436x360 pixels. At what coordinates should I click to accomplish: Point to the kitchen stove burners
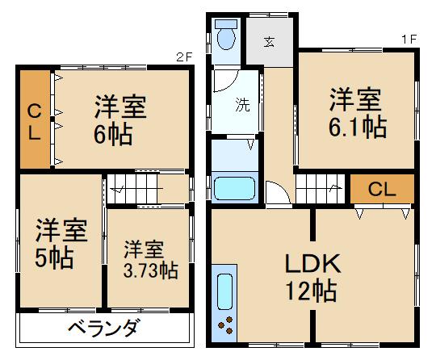pyautogui.click(x=226, y=328)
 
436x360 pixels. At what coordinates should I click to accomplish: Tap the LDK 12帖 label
pyautogui.click(x=310, y=275)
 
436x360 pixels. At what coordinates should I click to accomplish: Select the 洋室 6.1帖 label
pyautogui.click(x=355, y=115)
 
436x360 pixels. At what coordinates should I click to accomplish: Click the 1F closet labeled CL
pyautogui.click(x=381, y=190)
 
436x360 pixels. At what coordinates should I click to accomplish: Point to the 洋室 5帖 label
pyautogui.click(x=60, y=245)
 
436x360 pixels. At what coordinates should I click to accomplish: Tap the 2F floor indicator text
pyautogui.click(x=185, y=58)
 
